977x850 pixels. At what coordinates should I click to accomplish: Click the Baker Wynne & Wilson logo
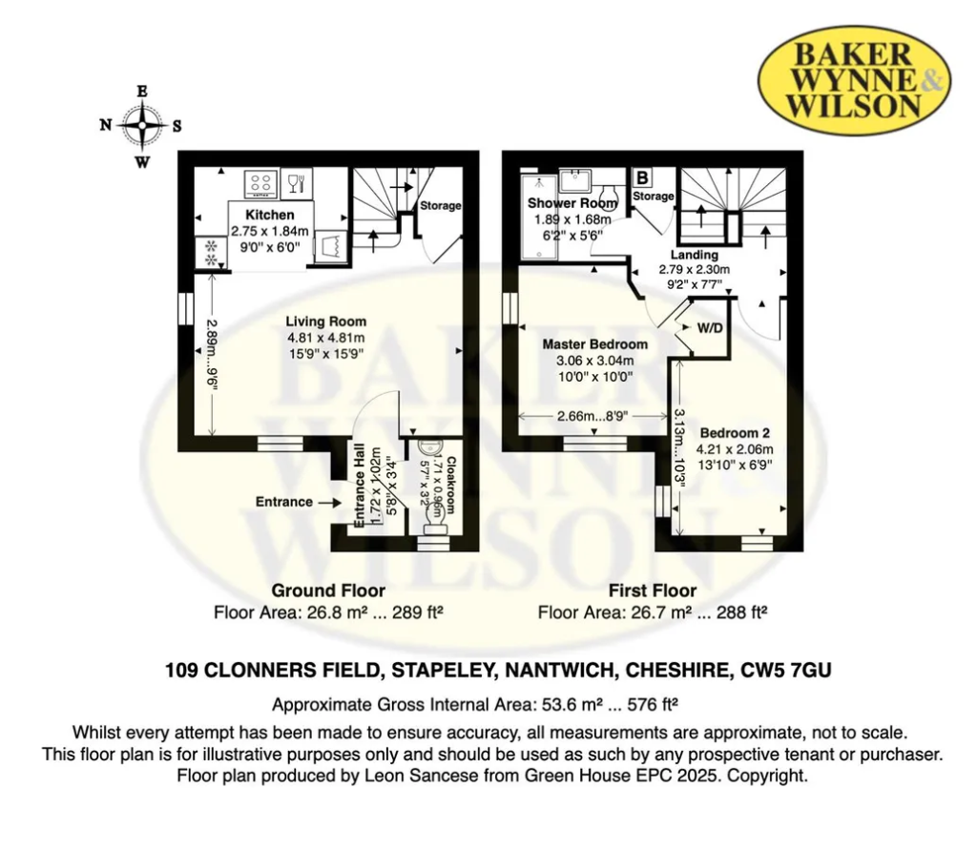tap(854, 80)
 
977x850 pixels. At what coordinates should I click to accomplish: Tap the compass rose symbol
tap(142, 126)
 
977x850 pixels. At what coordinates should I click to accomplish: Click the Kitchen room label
tap(270, 215)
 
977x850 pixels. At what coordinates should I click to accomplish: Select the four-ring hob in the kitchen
tap(260, 184)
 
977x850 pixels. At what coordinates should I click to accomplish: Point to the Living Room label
tap(326, 321)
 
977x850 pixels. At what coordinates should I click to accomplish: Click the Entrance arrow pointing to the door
tap(329, 502)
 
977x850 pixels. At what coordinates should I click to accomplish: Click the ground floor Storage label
tap(441, 206)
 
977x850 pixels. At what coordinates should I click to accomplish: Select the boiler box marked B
tap(642, 178)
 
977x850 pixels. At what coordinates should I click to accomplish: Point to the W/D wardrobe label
tap(710, 328)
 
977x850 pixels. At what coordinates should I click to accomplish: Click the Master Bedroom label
tap(595, 344)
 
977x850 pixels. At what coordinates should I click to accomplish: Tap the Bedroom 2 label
tap(735, 433)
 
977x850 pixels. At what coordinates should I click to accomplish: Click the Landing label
tap(695, 255)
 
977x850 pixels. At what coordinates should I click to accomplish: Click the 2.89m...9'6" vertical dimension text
tap(213, 355)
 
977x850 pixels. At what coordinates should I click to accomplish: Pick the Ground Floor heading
tap(328, 591)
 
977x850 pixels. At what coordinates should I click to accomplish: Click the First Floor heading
tap(653, 591)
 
